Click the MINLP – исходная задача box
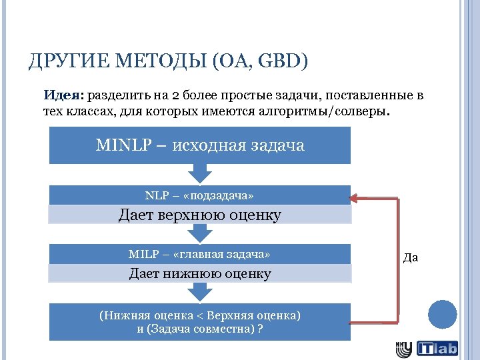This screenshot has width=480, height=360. coord(200,146)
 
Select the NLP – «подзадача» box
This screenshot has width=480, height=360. coord(200,195)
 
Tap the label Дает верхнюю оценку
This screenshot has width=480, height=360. coord(200,215)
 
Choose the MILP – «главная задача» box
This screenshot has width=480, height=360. coord(200,254)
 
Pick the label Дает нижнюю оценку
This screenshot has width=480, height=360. coord(200,273)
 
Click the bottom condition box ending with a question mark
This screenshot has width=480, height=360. coord(200,322)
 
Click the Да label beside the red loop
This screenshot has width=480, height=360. coord(411,257)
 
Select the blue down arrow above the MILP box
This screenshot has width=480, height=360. coord(200,233)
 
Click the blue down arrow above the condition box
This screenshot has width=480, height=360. coord(200,292)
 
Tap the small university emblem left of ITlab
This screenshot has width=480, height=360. coord(404,348)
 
